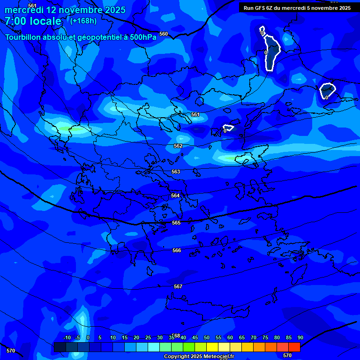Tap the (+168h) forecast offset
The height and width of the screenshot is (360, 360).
coord(83,21)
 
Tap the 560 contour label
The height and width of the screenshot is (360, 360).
coord(163,34)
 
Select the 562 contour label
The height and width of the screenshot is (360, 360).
coord(178,146)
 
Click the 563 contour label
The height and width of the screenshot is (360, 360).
coord(176,172)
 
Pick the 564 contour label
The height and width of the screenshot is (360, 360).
coord(175,195)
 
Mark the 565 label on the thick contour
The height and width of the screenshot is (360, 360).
coord(176,223)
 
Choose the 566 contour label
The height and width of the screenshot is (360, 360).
coord(177,250)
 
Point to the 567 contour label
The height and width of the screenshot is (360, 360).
coord(178,286)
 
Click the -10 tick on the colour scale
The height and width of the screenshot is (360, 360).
coord(67,337)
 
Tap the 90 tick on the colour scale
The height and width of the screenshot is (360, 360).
coord(300,337)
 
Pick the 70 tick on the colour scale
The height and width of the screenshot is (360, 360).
coord(254,337)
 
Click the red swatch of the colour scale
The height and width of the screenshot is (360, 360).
coord(294,347)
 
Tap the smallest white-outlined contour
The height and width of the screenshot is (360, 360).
coord(228,127)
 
